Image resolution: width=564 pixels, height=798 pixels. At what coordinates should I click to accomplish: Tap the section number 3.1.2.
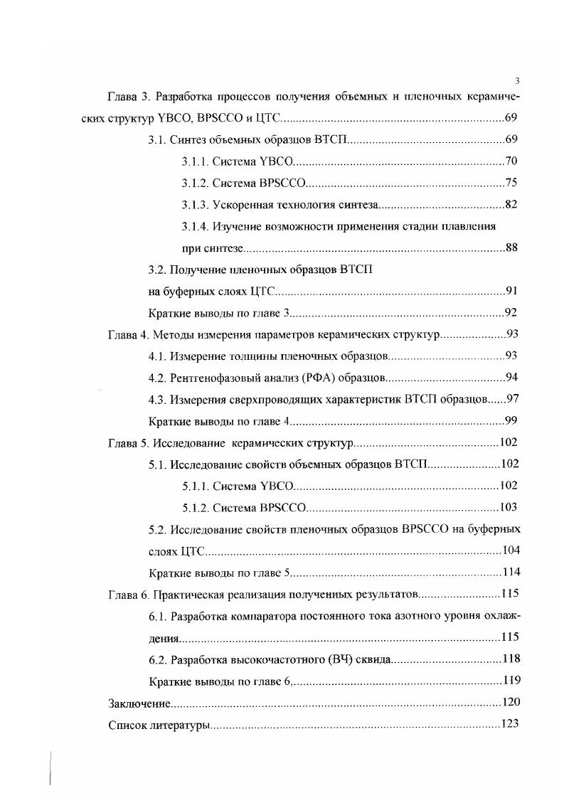[196, 183]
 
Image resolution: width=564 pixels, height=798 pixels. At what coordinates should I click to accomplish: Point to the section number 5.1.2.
[196, 508]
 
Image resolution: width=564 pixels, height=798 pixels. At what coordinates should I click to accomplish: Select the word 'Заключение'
[139, 703]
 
